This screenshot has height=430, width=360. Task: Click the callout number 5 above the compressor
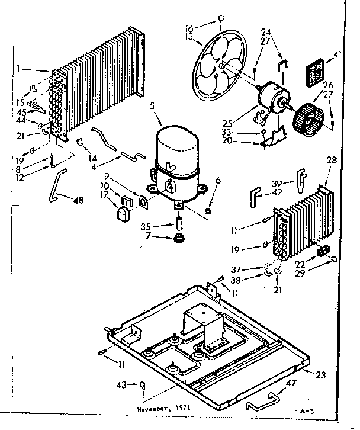coord(152,106)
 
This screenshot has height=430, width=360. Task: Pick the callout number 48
coord(78,200)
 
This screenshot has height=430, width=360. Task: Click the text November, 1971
coord(162,408)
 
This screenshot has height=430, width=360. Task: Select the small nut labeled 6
coord(208,211)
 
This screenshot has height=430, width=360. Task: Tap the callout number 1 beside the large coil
coord(20,69)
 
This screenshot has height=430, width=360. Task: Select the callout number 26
coord(328,84)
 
